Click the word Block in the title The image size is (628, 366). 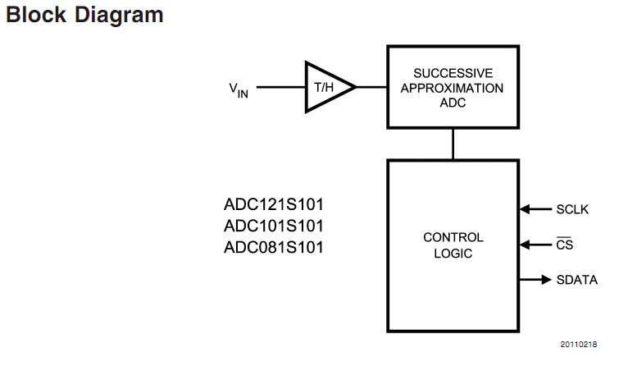tap(34, 16)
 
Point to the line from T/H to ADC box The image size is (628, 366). tap(371, 86)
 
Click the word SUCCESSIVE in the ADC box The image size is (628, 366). tap(453, 73)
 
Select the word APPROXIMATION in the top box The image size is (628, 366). tap(453, 88)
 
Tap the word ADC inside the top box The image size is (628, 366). tap(453, 103)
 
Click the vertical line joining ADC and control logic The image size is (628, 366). tap(453, 144)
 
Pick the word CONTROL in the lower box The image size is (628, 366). tap(453, 237)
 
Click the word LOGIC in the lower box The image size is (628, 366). tap(453, 254)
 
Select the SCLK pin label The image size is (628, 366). tap(572, 209)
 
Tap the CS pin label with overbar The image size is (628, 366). tap(564, 245)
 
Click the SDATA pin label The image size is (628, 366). tap(577, 280)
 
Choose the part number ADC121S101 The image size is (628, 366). tap(273, 204)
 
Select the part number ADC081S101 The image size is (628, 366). tap(273, 247)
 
